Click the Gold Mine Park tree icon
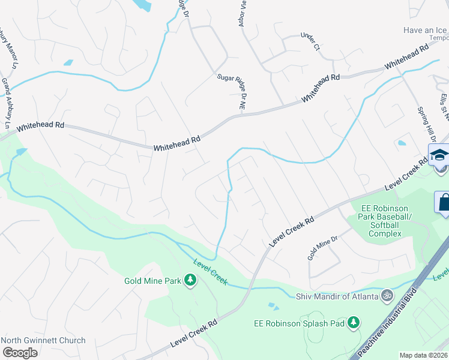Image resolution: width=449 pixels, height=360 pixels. pos(190,280)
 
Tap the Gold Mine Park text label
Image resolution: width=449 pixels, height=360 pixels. pos(153,280)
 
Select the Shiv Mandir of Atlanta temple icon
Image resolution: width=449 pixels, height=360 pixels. pos(387,296)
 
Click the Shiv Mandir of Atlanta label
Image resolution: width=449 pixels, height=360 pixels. pos(338,296)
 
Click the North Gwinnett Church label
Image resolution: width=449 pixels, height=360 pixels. pos(43,340)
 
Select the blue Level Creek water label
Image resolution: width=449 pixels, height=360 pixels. pos(210,272)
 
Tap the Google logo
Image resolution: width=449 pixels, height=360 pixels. pos(20,352)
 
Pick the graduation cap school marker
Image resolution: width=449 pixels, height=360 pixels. pos(439,155)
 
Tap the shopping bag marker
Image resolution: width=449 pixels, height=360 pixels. pos(444,202)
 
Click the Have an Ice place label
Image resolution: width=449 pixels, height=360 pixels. pos(426,29)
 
